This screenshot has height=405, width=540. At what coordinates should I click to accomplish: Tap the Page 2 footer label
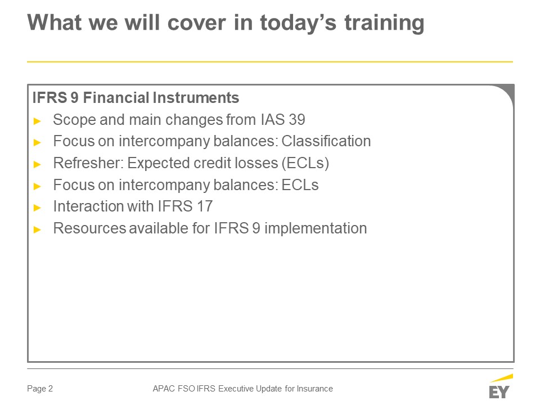40,389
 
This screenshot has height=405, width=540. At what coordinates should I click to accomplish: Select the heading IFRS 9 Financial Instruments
136,97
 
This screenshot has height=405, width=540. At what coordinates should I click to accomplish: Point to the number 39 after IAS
297,119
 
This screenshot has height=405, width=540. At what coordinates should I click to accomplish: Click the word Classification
326,141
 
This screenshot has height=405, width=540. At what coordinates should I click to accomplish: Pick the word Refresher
88,163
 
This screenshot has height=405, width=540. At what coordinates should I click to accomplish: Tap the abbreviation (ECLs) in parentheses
305,163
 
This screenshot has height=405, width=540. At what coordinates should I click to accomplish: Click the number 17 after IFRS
205,206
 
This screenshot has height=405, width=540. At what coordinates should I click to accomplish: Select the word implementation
316,229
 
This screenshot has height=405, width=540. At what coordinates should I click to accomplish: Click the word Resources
90,228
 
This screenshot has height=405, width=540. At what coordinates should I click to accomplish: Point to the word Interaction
88,206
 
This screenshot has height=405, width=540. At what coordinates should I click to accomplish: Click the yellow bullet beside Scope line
38,121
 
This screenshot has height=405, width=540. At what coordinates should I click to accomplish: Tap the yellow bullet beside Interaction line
38,208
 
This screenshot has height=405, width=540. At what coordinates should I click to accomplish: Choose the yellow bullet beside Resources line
38,229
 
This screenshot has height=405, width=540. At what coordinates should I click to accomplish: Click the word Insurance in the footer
315,389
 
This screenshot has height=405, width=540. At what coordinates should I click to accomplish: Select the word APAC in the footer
164,389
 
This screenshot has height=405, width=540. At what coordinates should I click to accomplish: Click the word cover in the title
197,23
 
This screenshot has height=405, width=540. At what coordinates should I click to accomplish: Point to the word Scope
74,120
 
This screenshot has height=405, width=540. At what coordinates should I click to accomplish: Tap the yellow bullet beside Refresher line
38,164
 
